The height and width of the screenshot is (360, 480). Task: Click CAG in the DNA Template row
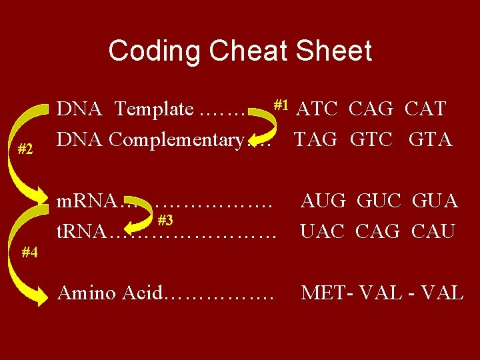point(372,108)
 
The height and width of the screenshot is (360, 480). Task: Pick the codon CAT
point(425,108)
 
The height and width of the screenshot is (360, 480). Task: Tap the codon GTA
point(430,139)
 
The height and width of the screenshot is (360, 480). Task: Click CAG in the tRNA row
point(378,231)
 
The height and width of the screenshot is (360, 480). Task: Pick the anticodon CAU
point(433,231)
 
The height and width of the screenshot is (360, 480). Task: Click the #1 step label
point(280,104)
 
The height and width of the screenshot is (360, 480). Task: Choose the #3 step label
point(165,220)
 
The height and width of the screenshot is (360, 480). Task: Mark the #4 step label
point(29,253)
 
